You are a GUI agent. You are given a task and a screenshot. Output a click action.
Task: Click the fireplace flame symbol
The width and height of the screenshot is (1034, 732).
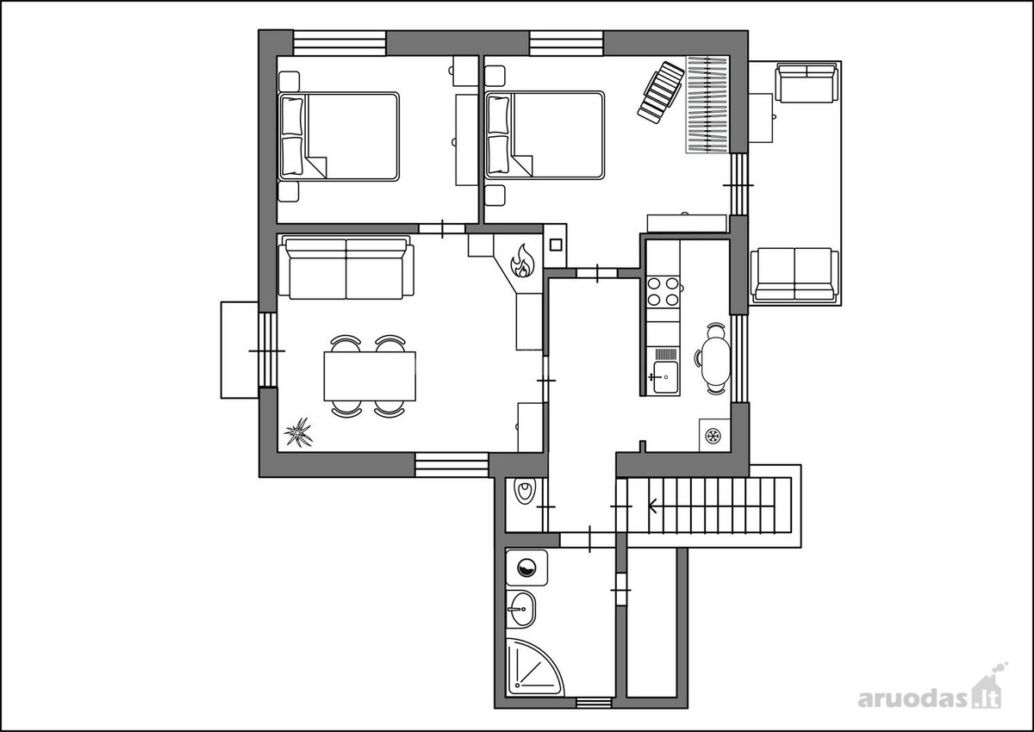(522, 261)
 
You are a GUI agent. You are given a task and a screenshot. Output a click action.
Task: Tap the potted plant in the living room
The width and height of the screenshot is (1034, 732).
(298, 431)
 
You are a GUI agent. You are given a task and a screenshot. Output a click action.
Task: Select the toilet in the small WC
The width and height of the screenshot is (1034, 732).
(526, 492)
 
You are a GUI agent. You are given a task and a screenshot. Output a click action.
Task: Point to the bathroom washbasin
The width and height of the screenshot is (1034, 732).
(521, 610)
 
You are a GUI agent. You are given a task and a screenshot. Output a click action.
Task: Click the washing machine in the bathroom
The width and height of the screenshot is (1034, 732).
(526, 568)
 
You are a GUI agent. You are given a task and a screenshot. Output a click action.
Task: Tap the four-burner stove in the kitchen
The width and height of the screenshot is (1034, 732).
(663, 292)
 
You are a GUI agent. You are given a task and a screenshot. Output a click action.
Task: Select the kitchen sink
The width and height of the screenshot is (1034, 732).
(665, 377)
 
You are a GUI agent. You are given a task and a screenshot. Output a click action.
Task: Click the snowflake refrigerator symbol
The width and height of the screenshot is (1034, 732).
(713, 435)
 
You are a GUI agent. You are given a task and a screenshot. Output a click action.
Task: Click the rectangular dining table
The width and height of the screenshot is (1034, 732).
(370, 376)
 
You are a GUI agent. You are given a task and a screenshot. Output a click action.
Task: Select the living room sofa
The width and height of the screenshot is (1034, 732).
(346, 269)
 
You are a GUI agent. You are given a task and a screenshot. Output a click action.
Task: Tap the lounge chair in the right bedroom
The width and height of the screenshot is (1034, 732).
(661, 93)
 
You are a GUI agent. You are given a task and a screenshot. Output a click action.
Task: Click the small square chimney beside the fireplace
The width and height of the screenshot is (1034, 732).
(555, 245)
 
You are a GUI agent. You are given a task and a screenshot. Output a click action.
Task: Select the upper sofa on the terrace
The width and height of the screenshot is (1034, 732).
(806, 83)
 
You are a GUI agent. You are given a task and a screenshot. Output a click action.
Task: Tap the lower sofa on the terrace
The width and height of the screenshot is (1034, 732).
(794, 275)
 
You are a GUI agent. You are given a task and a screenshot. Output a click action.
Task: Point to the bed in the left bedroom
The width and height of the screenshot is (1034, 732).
(339, 137)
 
